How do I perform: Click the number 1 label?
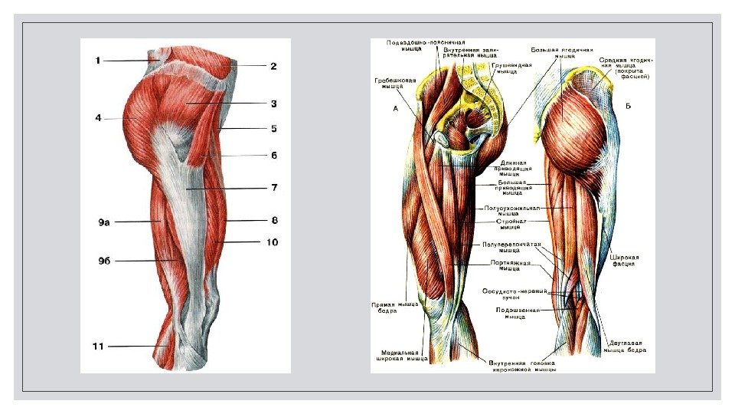[98, 60]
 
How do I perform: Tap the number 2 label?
[273, 67]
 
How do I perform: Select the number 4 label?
[98, 118]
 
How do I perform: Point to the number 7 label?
[273, 186]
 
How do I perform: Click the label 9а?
[103, 222]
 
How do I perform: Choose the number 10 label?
[272, 242]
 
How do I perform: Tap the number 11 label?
[98, 347]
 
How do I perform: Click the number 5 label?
[273, 128]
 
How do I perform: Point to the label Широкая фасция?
[626, 261]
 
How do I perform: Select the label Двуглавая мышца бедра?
[626, 347]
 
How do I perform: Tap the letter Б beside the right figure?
[627, 105]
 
